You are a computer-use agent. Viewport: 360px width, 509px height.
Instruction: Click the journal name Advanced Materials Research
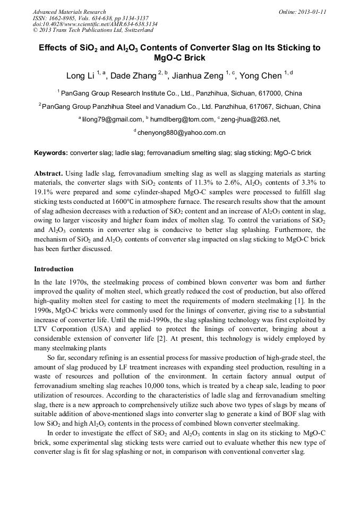(x=69, y=12)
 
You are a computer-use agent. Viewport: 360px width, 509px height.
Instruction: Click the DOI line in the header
(x=95, y=24)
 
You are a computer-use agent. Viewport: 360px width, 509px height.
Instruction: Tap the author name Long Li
(x=80, y=76)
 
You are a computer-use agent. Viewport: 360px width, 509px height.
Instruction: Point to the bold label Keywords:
(x=51, y=153)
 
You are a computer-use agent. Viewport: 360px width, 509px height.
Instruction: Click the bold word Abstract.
(x=49, y=174)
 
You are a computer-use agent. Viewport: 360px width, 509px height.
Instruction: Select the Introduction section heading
(x=54, y=269)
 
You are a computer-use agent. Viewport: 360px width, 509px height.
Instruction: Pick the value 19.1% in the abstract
(x=45, y=193)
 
